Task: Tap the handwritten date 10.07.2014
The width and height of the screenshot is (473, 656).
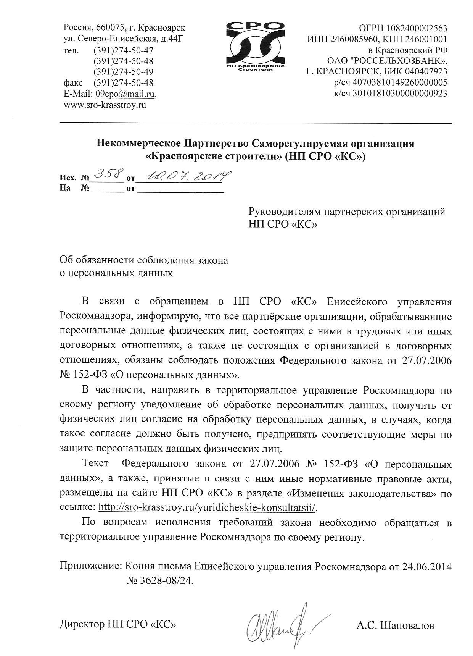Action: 184,176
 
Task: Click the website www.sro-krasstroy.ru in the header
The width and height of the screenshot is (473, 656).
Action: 105,104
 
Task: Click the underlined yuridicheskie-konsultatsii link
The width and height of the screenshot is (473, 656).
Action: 208,507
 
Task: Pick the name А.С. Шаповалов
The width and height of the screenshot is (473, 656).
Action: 396,625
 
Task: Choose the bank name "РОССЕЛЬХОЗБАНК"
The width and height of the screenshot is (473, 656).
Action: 398,61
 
